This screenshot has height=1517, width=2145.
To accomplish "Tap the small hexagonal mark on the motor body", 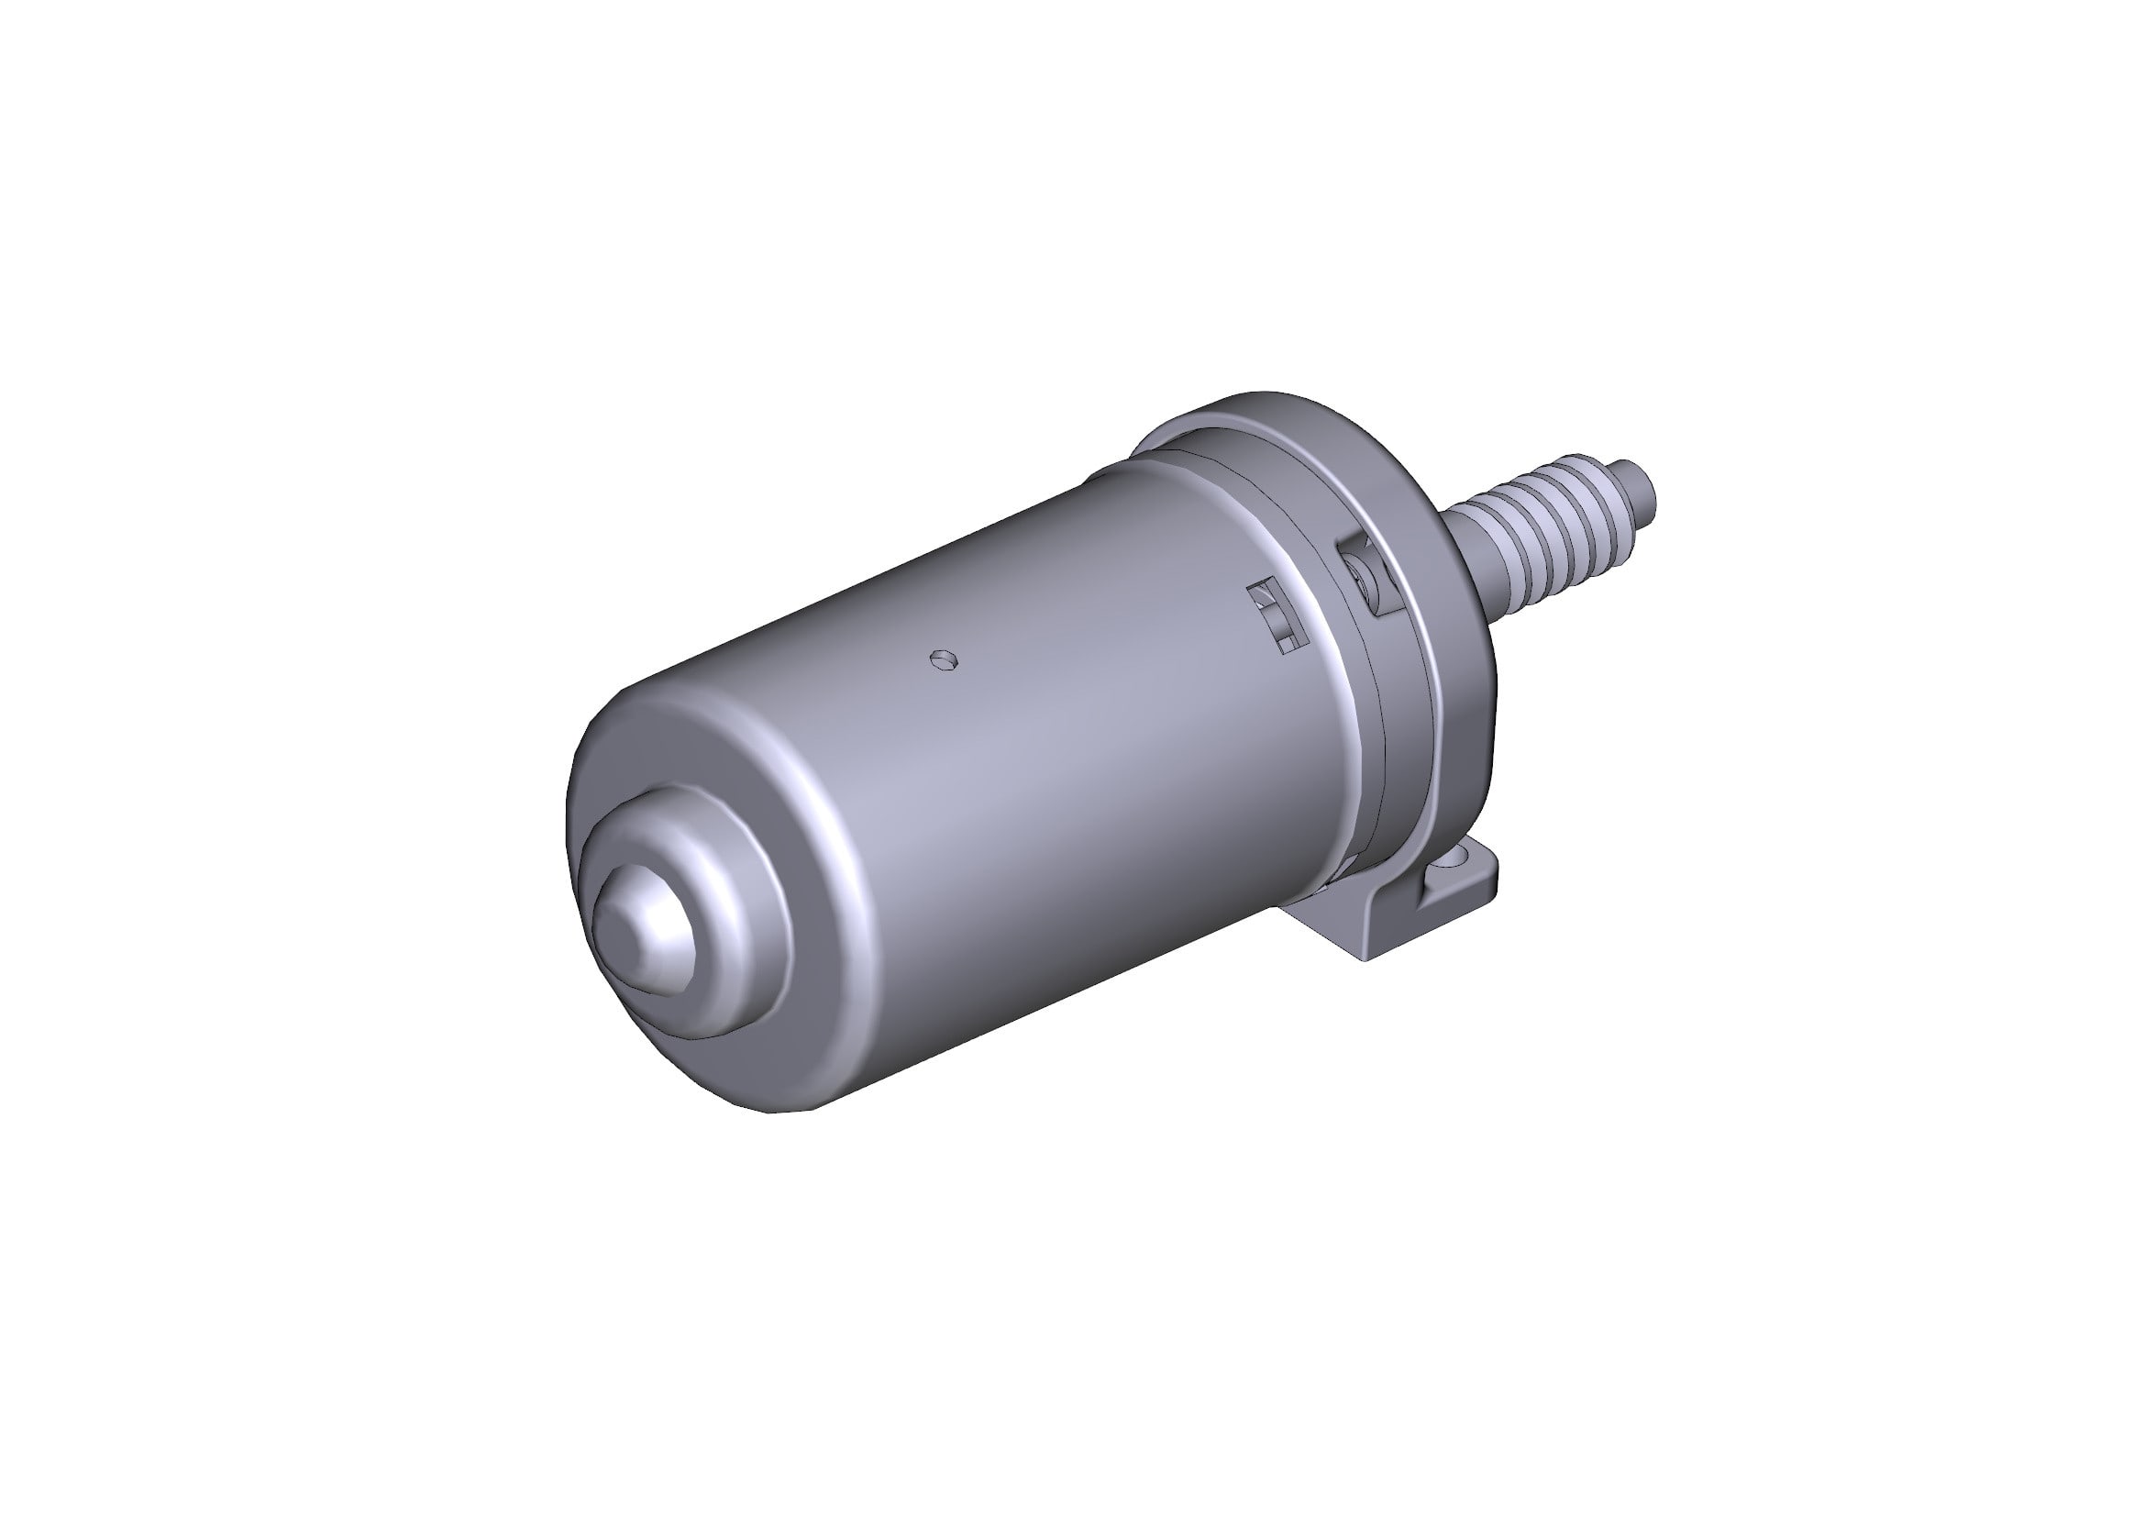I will [x=945, y=660].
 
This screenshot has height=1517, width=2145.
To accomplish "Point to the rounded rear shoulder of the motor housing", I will [x=654, y=728].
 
